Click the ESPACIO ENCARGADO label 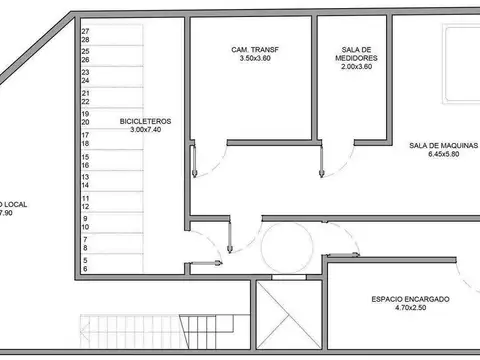point(410,299)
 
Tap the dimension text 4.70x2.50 point(410,309)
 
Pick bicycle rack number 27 point(86,31)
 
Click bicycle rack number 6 point(86,268)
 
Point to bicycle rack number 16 point(86,156)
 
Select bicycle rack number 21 point(86,100)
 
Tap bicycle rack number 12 point(86,199)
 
